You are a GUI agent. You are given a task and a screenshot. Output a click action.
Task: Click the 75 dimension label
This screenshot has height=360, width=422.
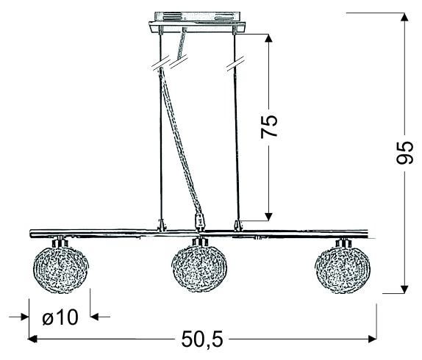click(x=271, y=126)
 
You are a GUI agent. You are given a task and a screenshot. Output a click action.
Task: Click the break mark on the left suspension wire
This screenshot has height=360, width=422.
click(x=162, y=68)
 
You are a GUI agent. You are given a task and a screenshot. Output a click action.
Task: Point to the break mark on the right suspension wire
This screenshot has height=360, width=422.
click(x=235, y=68)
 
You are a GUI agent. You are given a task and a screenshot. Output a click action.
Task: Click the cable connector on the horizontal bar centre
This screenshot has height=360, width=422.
click(x=198, y=221)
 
